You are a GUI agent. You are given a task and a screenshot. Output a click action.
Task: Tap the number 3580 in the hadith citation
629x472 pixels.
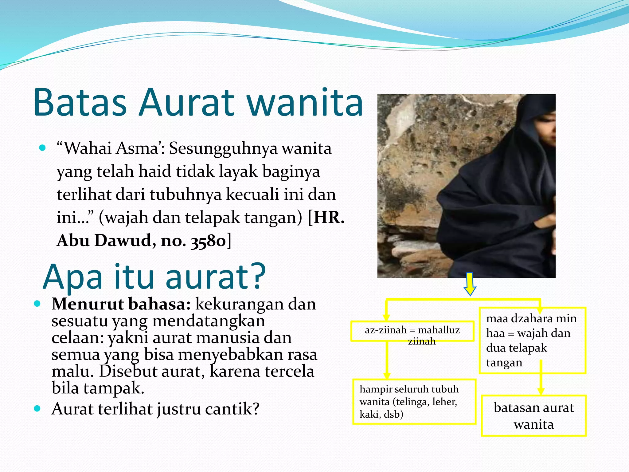(x=208, y=241)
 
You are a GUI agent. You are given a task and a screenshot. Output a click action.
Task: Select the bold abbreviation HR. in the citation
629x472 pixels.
(x=329, y=217)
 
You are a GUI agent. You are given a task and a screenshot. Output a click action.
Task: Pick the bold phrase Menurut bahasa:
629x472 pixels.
(x=121, y=304)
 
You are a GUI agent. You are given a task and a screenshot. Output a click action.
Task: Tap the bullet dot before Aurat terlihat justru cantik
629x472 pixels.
(x=37, y=408)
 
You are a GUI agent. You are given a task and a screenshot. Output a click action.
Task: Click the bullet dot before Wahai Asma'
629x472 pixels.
(x=43, y=148)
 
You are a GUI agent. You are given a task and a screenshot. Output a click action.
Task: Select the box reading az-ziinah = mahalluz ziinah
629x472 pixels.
(x=412, y=331)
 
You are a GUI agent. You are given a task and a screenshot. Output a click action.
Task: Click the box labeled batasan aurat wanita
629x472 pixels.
(x=533, y=415)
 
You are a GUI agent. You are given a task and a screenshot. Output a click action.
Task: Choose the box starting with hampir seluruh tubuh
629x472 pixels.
(x=414, y=402)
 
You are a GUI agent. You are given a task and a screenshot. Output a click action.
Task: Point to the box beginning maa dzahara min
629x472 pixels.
(x=532, y=340)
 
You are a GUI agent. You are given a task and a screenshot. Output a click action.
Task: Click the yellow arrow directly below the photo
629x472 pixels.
(x=470, y=284)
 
